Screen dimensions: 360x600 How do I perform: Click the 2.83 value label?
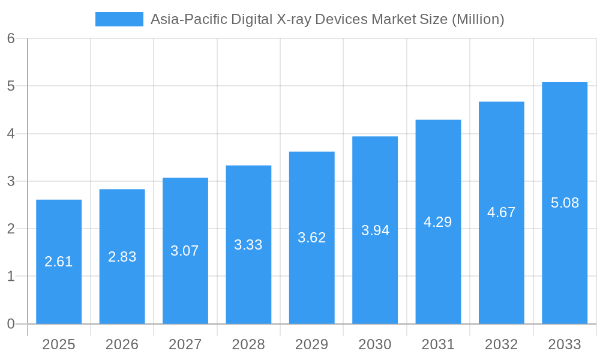122,257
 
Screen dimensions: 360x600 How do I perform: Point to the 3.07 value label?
185,251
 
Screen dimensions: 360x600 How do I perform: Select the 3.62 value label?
312,238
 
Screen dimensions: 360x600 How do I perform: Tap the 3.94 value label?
375,230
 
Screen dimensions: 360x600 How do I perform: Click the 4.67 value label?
502,212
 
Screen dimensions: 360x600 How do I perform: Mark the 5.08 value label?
565,203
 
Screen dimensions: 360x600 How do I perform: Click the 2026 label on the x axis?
122,344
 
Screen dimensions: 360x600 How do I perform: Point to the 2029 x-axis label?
312,344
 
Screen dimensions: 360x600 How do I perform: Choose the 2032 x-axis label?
502,344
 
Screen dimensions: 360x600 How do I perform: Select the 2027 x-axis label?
185,344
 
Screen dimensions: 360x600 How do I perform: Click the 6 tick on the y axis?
11,39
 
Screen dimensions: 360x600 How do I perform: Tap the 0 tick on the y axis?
11,324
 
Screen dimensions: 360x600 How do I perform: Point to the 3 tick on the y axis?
11,181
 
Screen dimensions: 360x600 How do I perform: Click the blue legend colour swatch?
119,19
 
